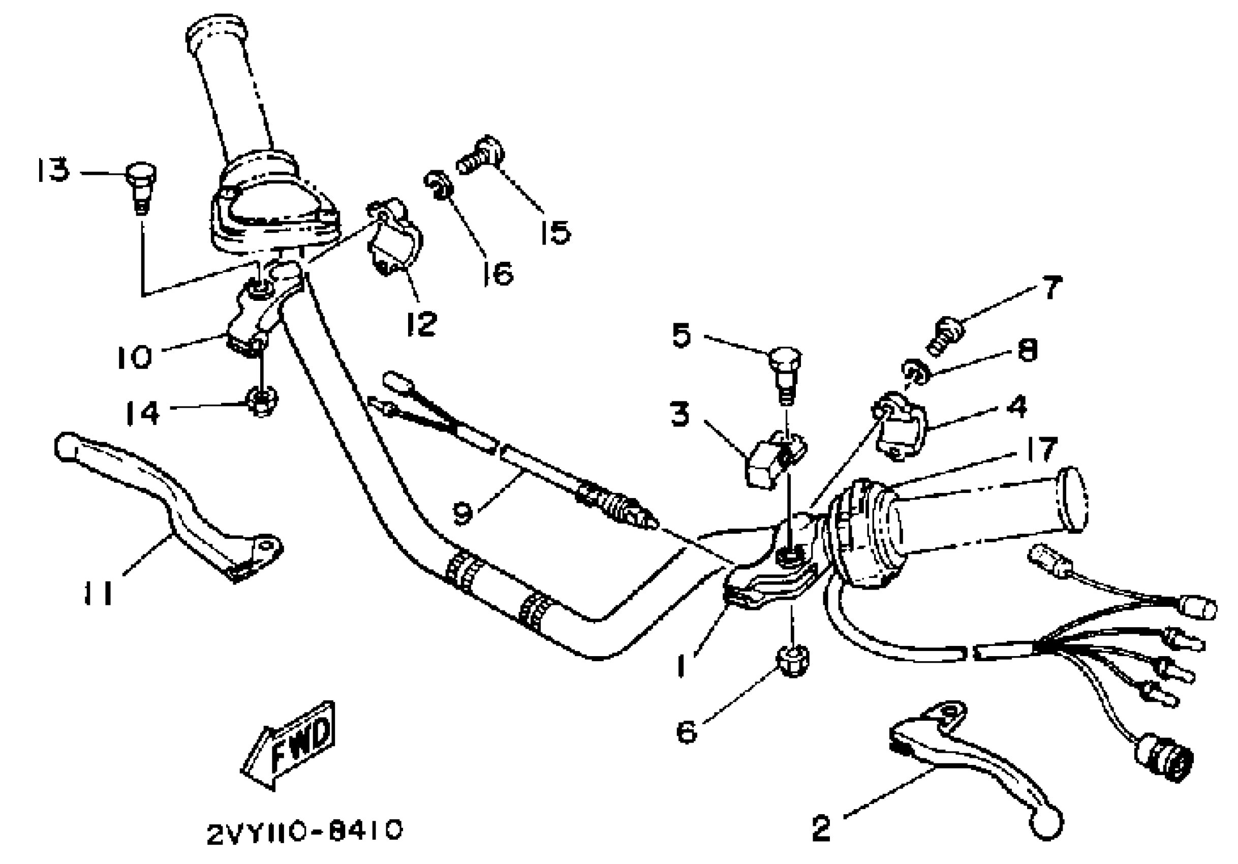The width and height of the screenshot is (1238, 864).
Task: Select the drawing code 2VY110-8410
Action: point(304,831)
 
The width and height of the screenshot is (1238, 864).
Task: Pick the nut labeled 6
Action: point(792,662)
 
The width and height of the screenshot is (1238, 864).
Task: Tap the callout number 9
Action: point(463,512)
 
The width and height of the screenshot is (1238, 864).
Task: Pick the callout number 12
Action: point(421,324)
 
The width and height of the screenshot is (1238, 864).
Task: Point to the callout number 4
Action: point(1017,406)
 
